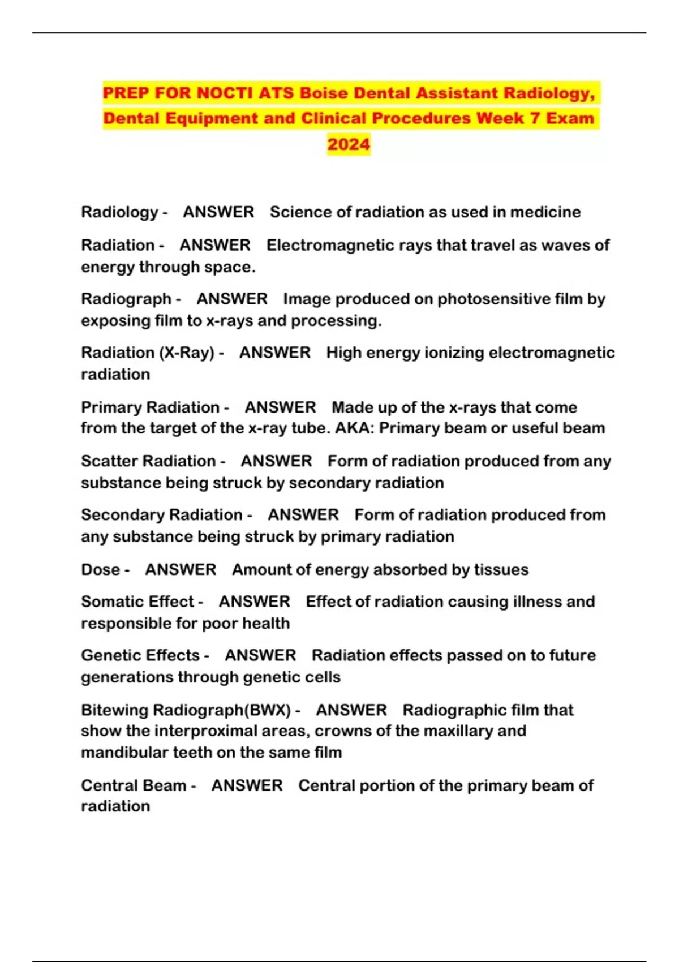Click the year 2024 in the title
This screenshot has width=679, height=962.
(x=349, y=144)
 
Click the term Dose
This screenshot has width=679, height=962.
(x=100, y=569)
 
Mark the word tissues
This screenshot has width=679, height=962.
(x=501, y=569)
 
